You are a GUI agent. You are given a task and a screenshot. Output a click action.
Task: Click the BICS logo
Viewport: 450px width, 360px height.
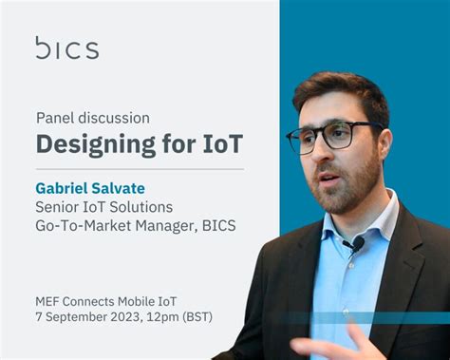pos(66,48)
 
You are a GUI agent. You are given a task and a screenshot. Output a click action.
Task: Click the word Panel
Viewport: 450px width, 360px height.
pos(55,119)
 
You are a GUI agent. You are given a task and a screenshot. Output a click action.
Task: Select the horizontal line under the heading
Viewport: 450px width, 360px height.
pos(140,169)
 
